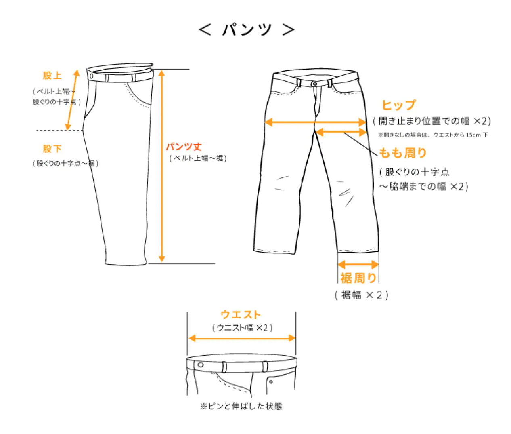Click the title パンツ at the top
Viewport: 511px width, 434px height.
[247, 29]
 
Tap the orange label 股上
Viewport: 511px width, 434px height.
[52, 76]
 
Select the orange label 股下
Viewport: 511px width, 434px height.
[52, 149]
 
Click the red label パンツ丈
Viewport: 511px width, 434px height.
[184, 146]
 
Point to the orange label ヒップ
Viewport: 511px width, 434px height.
[398, 105]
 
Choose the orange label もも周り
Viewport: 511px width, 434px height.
[402, 153]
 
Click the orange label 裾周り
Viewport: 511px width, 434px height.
[358, 278]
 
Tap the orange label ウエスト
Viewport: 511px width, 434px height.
[241, 314]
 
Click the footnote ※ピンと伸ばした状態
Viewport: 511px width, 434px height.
[241, 406]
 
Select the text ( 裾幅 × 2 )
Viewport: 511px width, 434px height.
[361, 295]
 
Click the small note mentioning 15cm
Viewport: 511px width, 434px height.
[433, 135]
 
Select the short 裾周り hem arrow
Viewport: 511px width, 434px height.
[358, 265]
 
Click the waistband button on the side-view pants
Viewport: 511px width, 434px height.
[92, 76]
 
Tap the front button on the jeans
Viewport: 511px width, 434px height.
[314, 84]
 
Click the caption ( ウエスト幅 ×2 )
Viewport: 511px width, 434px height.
[242, 328]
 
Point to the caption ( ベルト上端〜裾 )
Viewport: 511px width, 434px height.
[198, 158]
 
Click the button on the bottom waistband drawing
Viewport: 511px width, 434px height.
[201, 365]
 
